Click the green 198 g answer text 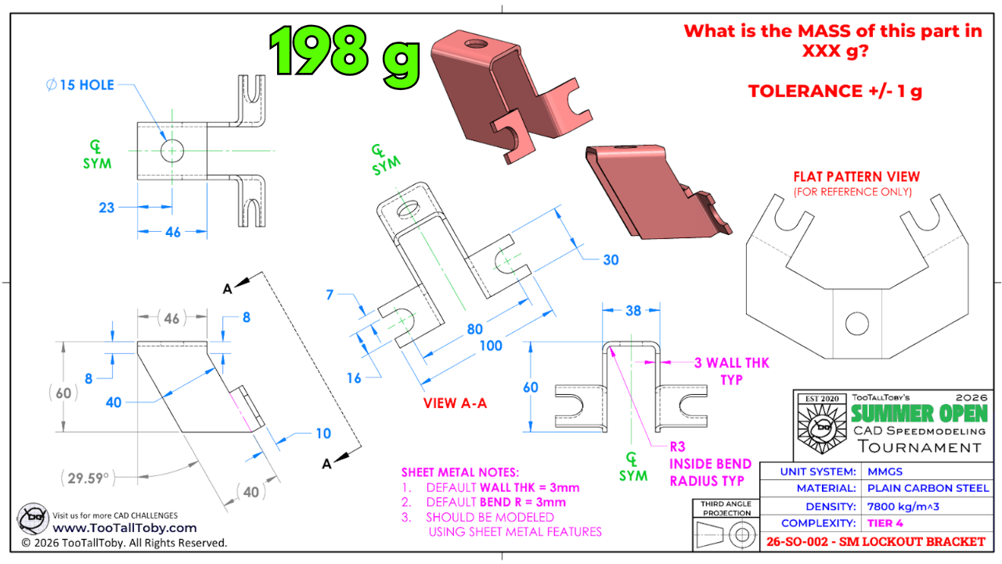pos(344,55)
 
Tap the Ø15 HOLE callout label pos(80,85)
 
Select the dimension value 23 pos(106,208)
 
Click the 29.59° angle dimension pos(88,478)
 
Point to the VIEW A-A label pos(455,403)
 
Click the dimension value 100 pos(491,345)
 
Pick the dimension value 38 pos(633,311)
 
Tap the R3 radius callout pos(677,446)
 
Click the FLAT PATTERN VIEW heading pos(856,176)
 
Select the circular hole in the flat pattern pos(856,324)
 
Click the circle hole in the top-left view pos(171,150)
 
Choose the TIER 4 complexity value pos(885,523)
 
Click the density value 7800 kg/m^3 pos(903,506)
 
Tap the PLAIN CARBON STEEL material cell pos(928,488)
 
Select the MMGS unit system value pos(885,472)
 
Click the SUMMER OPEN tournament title pos(919,414)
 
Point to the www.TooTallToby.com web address pos(124,528)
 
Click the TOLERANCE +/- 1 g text pos(835,92)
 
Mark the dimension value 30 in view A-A pos(611,259)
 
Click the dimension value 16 pos(353,378)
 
